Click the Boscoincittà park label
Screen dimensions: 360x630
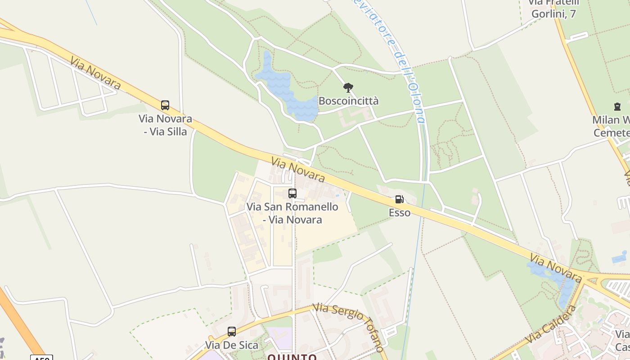348,101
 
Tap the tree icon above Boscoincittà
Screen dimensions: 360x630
348,87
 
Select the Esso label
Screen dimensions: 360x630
400,212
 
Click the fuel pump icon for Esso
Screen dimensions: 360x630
399,199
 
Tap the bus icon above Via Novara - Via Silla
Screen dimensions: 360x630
165,105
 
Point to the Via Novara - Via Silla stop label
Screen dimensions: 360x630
165,125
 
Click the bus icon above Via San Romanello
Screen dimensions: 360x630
292,193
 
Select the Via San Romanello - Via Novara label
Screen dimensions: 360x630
292,213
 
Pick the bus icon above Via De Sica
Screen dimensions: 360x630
232,332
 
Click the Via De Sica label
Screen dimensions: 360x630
232,345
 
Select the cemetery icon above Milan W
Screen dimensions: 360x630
616,107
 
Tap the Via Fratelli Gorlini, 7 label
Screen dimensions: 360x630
553,8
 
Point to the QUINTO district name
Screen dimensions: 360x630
292,357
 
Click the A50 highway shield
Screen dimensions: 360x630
41,358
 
